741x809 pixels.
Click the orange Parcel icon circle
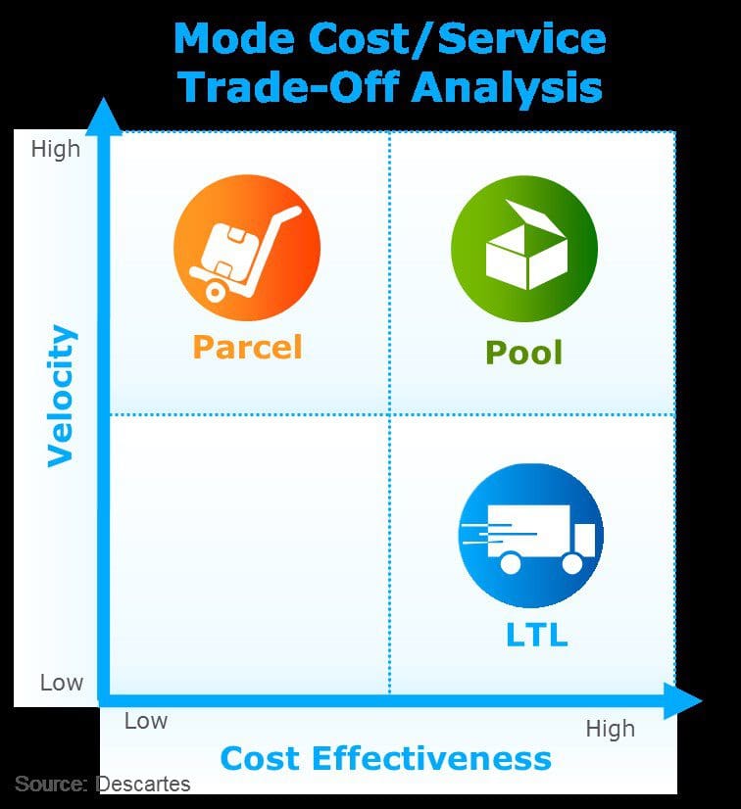point(247,248)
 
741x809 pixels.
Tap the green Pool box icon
point(524,249)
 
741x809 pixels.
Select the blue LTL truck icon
point(531,536)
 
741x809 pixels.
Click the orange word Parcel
point(247,347)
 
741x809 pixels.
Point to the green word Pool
point(523,353)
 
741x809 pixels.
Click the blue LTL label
point(536,634)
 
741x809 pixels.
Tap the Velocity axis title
point(62,396)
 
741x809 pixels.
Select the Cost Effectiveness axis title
point(386,758)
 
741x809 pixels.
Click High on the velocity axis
point(56,149)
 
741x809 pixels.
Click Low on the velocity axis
point(62,683)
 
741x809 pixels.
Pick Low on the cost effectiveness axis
point(146,721)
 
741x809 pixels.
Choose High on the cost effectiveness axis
point(611,729)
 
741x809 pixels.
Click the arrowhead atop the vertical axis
point(104,117)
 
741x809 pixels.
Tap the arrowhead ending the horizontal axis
point(682,700)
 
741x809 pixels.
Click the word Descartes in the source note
point(143,784)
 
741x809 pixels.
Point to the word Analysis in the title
point(507,88)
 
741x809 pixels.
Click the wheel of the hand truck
point(215,292)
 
